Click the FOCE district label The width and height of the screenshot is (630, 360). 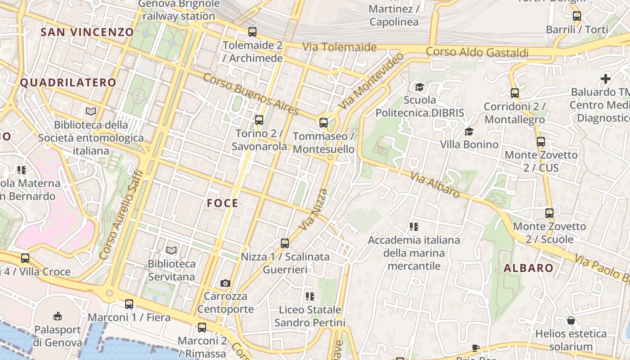click(222, 203)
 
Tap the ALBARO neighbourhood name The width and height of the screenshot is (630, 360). click(528, 269)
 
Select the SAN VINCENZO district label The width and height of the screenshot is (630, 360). click(87, 32)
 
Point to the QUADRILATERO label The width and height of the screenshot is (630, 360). click(68, 82)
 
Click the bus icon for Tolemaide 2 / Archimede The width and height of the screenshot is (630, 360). click(252, 32)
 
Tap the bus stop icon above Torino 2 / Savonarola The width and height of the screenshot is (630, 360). click(259, 120)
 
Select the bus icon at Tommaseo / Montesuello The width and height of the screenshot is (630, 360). click(324, 122)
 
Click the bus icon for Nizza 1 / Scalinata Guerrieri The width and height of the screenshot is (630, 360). click(285, 243)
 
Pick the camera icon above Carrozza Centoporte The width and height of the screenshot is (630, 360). click(225, 283)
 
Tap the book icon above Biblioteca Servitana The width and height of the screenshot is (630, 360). click(171, 250)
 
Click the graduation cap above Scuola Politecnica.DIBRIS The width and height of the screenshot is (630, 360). click(419, 86)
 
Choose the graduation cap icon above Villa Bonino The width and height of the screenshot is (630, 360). click(469, 131)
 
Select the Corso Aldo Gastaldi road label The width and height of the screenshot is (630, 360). click(477, 52)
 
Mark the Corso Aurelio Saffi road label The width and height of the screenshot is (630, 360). click(121, 215)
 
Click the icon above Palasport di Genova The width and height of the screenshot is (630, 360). click(58, 316)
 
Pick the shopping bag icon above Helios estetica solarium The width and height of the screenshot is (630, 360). click(571, 320)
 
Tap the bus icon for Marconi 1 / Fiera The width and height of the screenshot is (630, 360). click(129, 304)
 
